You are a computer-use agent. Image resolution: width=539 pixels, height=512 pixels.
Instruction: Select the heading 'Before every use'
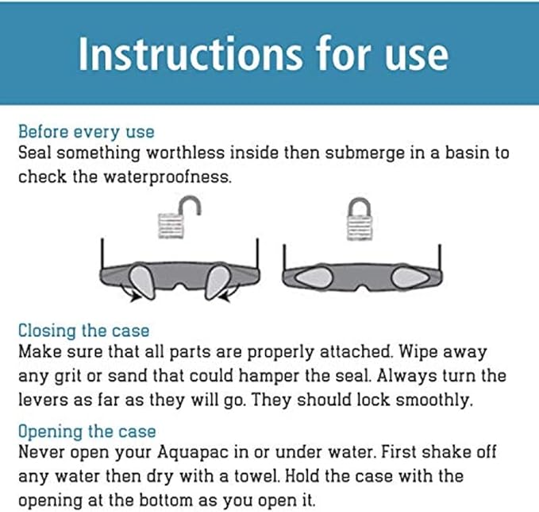click(x=86, y=131)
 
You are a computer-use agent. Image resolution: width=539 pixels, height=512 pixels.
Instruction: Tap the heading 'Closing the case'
click(x=83, y=330)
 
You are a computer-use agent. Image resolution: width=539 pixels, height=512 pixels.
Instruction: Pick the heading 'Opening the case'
click(x=87, y=432)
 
